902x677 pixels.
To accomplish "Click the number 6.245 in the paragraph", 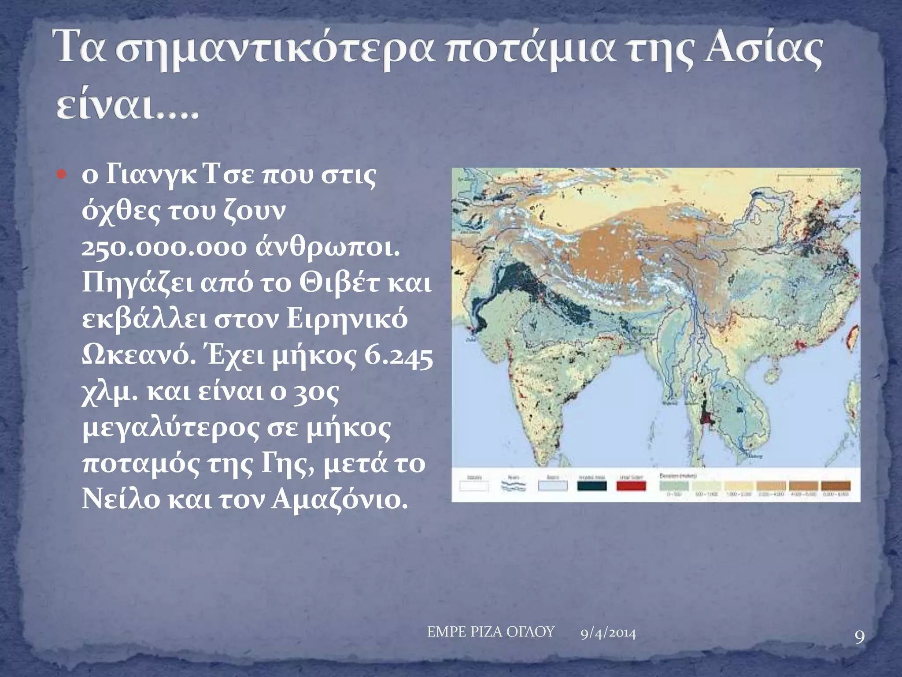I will [399, 356].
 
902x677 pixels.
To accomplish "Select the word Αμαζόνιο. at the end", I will [339, 500].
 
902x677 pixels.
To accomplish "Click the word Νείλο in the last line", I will [121, 500].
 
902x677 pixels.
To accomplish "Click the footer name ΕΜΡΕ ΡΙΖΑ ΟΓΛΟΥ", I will [490, 632].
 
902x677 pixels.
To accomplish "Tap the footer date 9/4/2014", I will [608, 634].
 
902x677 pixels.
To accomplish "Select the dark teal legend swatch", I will [591, 486].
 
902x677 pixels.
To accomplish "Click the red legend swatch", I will [631, 486].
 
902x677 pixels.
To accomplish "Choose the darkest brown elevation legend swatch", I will [835, 485].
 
